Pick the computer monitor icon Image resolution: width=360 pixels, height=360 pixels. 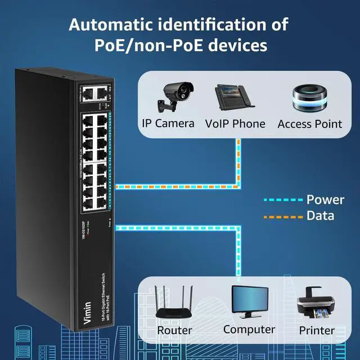coord(249,303)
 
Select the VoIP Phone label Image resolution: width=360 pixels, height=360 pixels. coord(235,124)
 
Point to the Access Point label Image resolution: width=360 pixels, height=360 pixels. coord(309,124)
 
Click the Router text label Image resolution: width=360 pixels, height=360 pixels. coord(174,330)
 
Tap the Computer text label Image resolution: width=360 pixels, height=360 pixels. coord(249,330)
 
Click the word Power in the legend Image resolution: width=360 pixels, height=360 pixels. coord(325,200)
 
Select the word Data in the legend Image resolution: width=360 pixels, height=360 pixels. coord(320,215)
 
